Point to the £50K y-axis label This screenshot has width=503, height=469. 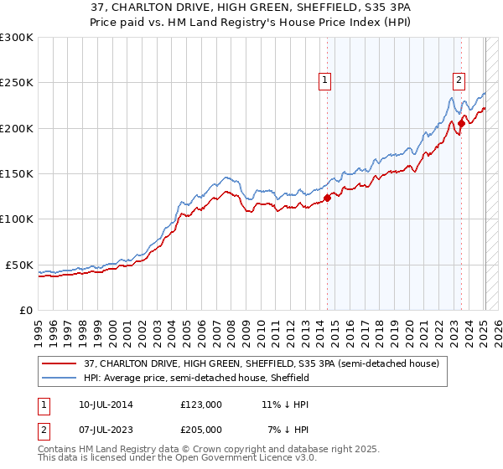(18, 265)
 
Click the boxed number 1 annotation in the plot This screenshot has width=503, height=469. (325, 80)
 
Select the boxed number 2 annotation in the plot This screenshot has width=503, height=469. (459, 80)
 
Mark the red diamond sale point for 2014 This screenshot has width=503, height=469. (328, 198)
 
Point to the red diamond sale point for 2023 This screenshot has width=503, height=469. (461, 124)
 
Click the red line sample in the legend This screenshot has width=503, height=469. (60, 364)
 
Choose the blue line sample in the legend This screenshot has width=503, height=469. (60, 379)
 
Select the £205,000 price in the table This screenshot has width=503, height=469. (201, 429)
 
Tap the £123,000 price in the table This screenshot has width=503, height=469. (201, 404)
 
